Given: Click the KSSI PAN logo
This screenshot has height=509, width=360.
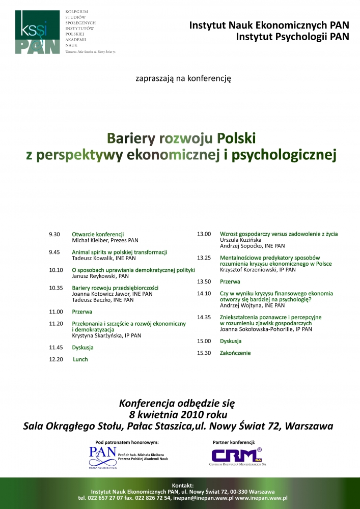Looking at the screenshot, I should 38,32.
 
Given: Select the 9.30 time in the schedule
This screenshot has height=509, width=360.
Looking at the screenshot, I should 54,234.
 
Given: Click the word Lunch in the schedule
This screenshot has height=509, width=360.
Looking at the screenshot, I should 80,359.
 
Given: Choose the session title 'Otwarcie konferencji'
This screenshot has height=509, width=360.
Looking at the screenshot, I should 98,234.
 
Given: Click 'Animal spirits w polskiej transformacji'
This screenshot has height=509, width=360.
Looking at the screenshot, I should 120,252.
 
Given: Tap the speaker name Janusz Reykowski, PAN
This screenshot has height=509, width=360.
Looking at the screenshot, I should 100,276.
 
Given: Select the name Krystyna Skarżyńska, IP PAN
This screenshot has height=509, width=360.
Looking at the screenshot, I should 106,335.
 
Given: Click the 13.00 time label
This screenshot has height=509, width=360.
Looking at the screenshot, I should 204,234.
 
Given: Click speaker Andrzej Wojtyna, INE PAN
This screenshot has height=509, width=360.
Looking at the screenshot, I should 252,305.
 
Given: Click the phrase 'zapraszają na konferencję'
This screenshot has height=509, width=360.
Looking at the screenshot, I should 183,78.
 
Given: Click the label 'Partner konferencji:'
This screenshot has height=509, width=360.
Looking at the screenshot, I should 234,442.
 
